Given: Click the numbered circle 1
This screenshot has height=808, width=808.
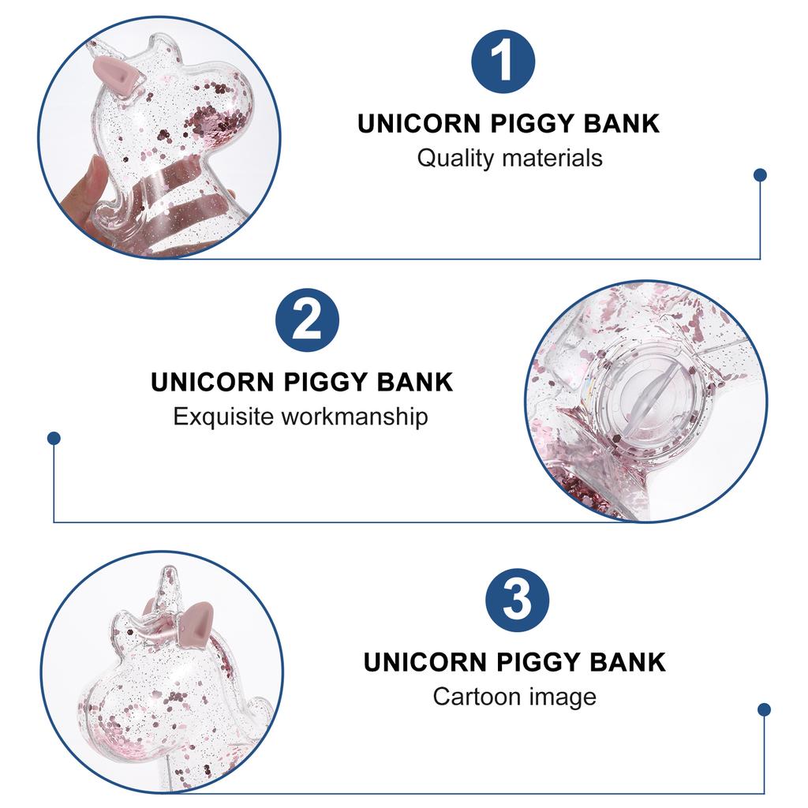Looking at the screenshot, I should pyautogui.click(x=503, y=62).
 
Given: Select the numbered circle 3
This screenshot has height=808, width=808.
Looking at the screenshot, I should pyautogui.click(x=517, y=599).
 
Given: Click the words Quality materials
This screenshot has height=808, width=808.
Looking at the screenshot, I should pyautogui.click(x=509, y=158).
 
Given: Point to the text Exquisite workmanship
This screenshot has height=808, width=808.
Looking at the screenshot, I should pyautogui.click(x=301, y=416).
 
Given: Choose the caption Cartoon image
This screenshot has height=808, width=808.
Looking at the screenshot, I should pyautogui.click(x=514, y=697).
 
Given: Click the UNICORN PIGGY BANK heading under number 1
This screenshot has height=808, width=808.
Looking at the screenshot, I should pyautogui.click(x=508, y=124).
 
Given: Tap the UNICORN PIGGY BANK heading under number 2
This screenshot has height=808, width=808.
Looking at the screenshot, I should pyautogui.click(x=301, y=382).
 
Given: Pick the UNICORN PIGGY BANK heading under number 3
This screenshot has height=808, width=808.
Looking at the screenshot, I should pyautogui.click(x=514, y=662).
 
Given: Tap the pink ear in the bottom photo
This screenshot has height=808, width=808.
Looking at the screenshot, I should pyautogui.click(x=195, y=619).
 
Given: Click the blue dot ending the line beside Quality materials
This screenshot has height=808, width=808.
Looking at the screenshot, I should pyautogui.click(x=760, y=175).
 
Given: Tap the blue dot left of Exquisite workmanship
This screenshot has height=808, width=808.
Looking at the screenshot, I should pyautogui.click(x=54, y=437).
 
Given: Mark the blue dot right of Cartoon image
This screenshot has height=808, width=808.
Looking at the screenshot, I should pyautogui.click(x=764, y=709).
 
